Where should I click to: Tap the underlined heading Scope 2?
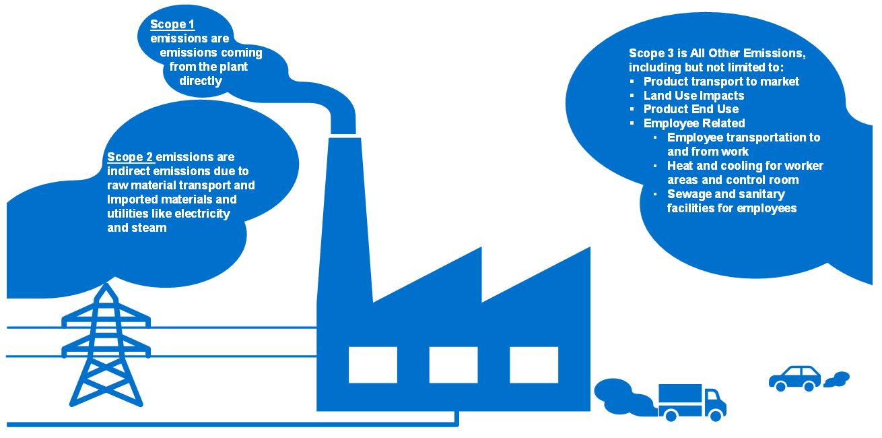pos(130,157)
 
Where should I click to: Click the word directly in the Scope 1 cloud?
pos(201,81)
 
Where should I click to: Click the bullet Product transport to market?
pos(721,82)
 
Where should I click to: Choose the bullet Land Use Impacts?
pos(693,96)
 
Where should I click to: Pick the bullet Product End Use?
pos(691,109)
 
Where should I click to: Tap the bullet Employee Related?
pos(694,123)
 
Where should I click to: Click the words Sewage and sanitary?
pos(726,194)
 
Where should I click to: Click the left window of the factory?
pos(372,365)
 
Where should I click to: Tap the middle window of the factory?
pos(453,365)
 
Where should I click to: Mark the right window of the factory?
pos(534,365)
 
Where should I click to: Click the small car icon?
pos(795,378)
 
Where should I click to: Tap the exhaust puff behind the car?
pos(838,379)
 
